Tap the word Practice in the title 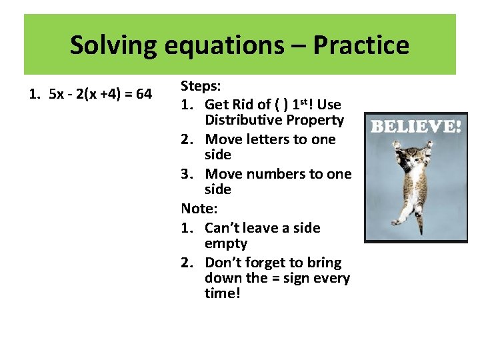[x=361, y=45]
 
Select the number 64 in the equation [x=143, y=94]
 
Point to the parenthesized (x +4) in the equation [x=105, y=94]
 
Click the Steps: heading [x=201, y=87]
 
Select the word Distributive [x=245, y=120]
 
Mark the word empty [x=226, y=244]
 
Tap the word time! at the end [x=222, y=293]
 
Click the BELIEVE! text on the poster [x=415, y=125]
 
